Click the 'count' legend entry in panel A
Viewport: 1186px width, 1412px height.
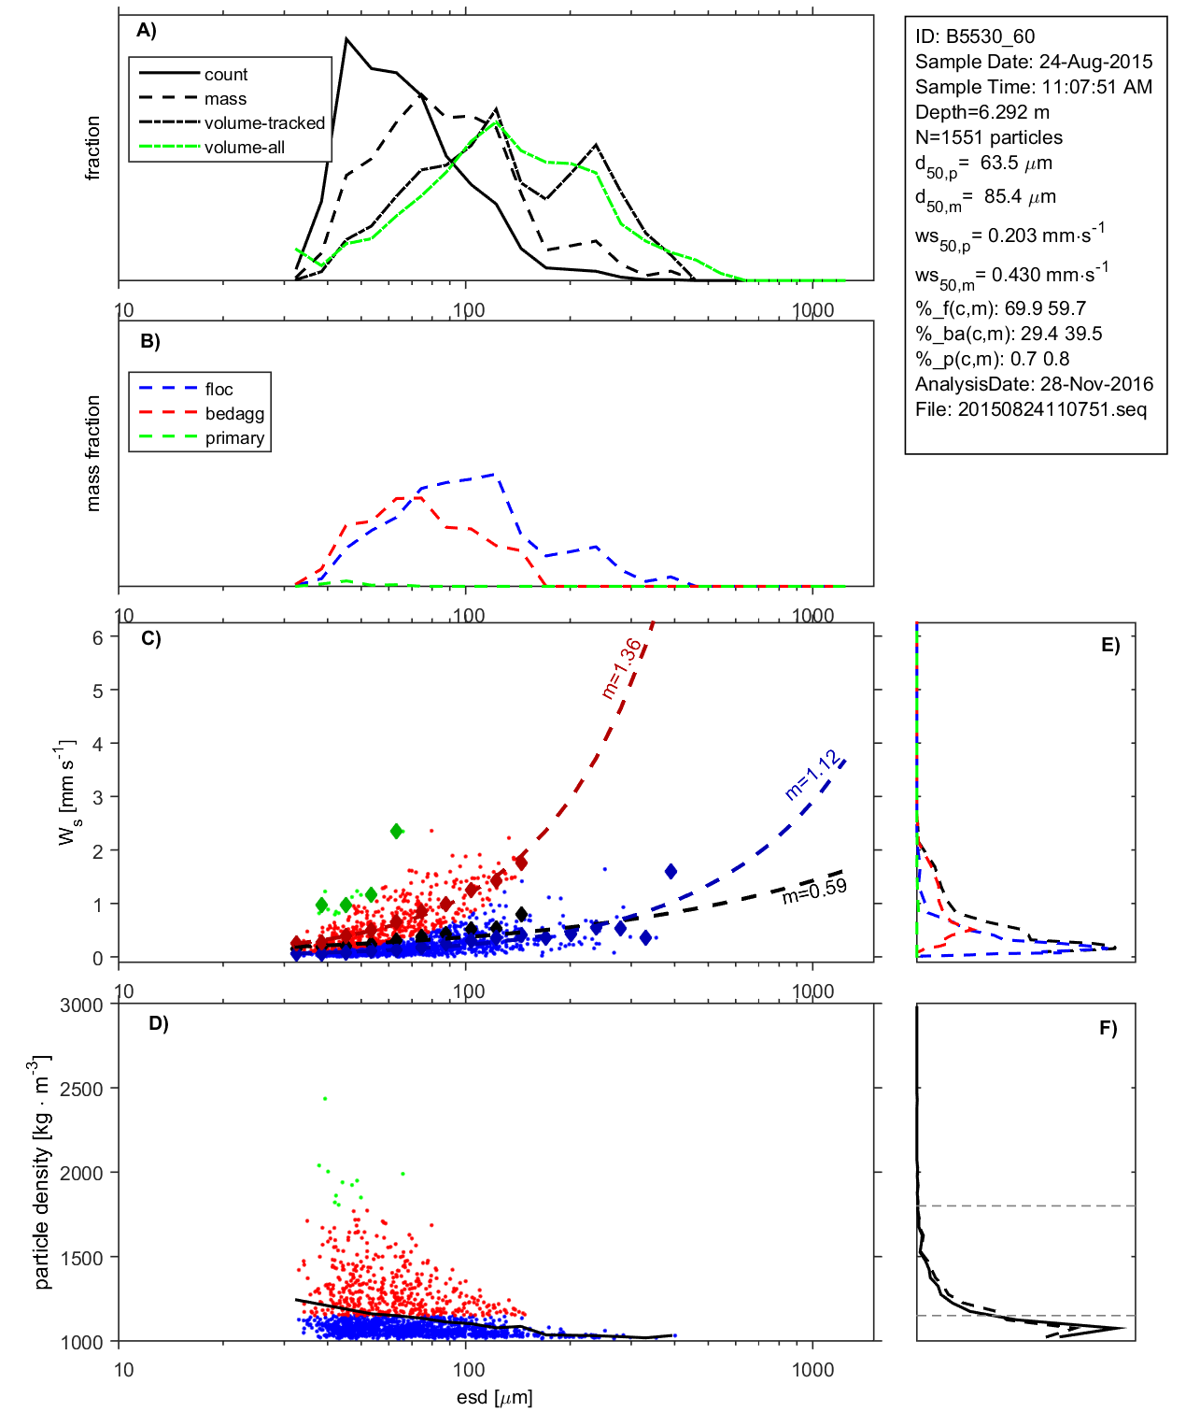[x=225, y=75]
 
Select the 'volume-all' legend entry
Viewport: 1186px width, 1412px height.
[x=244, y=148]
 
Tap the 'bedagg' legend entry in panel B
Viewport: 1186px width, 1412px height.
[x=234, y=414]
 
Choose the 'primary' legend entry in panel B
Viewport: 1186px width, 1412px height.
[x=234, y=438]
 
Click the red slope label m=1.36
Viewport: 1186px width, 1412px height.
[x=622, y=668]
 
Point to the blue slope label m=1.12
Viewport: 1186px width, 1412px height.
[x=812, y=777]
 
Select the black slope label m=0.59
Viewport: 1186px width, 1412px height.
[x=814, y=891]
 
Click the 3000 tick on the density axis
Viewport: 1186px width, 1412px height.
[x=81, y=1006]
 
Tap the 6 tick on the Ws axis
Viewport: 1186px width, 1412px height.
[x=97, y=637]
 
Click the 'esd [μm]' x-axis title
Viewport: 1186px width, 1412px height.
[x=494, y=1397]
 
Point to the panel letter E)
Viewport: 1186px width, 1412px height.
[x=1109, y=645]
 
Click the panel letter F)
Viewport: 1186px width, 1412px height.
[x=1108, y=1028]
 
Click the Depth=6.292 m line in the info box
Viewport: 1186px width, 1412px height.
[x=982, y=112]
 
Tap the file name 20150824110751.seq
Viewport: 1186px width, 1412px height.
[x=1052, y=409]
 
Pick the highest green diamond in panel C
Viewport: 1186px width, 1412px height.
[x=397, y=831]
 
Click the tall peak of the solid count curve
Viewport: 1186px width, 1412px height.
[x=346, y=39]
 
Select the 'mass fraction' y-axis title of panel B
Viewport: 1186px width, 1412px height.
[x=92, y=453]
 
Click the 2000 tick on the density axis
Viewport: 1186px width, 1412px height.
[x=81, y=1174]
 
